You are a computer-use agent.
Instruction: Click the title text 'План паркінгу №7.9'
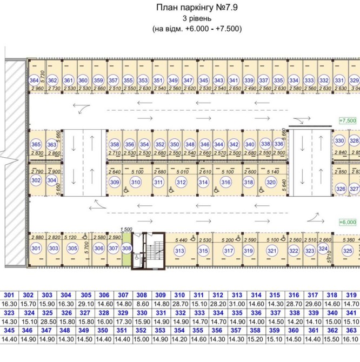click(x=197, y=8)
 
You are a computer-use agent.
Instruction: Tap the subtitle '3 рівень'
click(x=196, y=18)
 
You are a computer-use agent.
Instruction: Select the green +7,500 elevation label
click(x=348, y=120)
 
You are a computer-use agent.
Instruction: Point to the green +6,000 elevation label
click(x=348, y=222)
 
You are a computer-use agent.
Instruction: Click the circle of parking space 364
click(x=34, y=81)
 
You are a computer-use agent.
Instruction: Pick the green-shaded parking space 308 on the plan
click(x=126, y=249)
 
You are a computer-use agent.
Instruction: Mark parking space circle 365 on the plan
click(x=36, y=145)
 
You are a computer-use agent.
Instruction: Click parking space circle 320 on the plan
click(x=270, y=183)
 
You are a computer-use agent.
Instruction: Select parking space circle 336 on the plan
click(x=279, y=144)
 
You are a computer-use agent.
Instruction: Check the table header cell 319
click(x=351, y=296)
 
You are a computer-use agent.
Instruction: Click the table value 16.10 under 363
click(x=351, y=339)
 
